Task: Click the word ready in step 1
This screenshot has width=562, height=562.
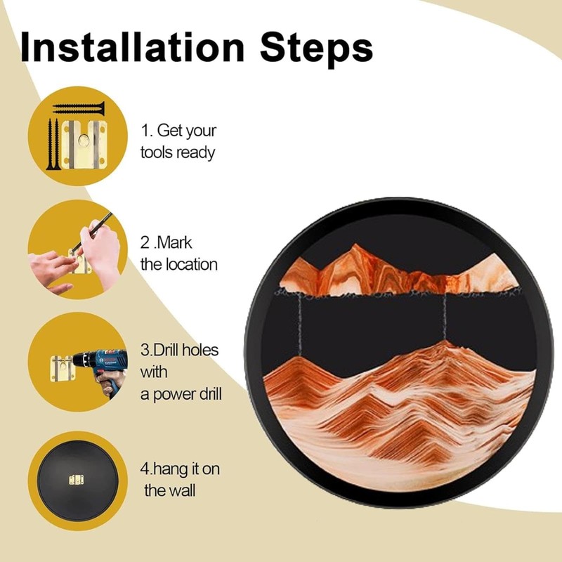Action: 195,152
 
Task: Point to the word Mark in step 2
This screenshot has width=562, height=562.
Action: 174,243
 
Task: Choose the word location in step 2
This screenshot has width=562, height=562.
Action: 191,265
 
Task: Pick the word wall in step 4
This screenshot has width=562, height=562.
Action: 181,490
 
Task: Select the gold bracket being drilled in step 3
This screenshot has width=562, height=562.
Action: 62,368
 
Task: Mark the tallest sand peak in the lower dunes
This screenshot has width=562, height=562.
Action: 444,344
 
